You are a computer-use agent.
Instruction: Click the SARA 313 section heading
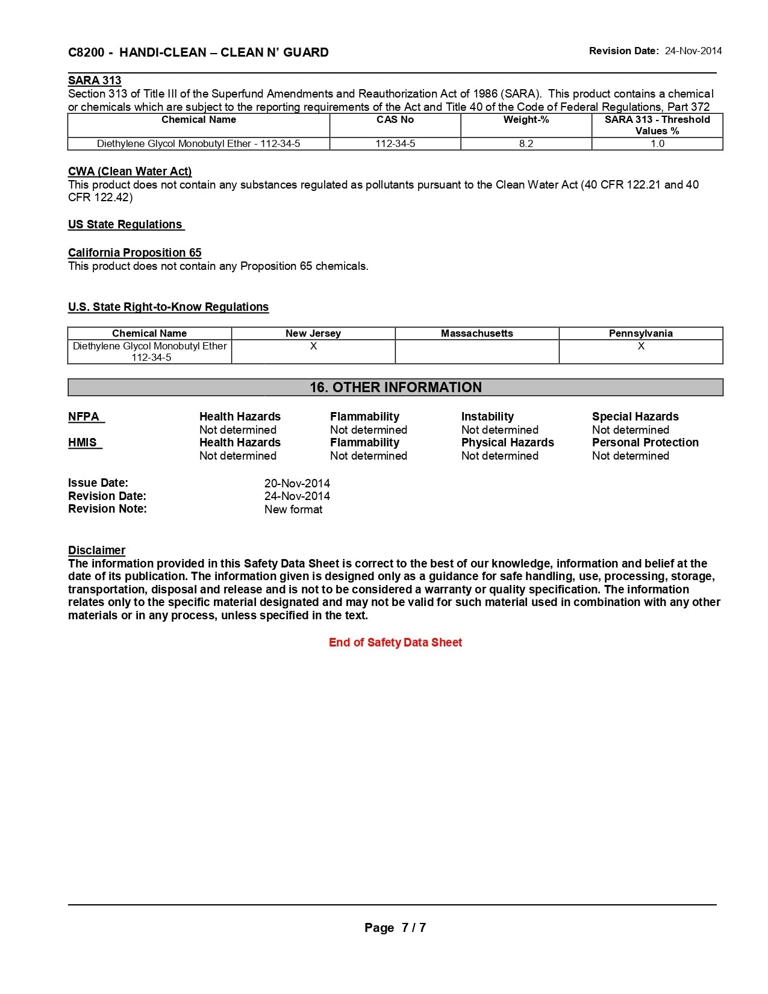coord(95,80)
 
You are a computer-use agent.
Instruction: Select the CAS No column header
coord(395,119)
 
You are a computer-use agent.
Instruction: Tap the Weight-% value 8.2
coord(526,143)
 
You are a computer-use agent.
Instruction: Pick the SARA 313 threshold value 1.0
coord(657,143)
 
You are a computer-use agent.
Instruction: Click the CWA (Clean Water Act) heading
coord(130,171)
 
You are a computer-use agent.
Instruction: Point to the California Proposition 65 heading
coord(134,252)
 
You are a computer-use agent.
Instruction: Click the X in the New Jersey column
coord(313,346)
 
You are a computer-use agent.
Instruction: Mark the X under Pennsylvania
coord(641,346)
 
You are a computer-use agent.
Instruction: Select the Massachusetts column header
coord(477,333)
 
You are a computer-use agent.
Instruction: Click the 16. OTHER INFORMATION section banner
coord(395,387)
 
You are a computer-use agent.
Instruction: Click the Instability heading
coord(487,416)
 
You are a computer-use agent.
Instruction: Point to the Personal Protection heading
coord(645,442)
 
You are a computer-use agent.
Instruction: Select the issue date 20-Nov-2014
coord(297,483)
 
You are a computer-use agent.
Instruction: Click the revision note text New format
coord(293,509)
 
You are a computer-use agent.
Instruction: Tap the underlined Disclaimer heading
coord(96,550)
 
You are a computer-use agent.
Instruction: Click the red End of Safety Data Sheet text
coord(395,642)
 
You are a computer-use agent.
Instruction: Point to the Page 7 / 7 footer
coord(395,928)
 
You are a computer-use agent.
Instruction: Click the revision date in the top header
coord(693,51)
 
